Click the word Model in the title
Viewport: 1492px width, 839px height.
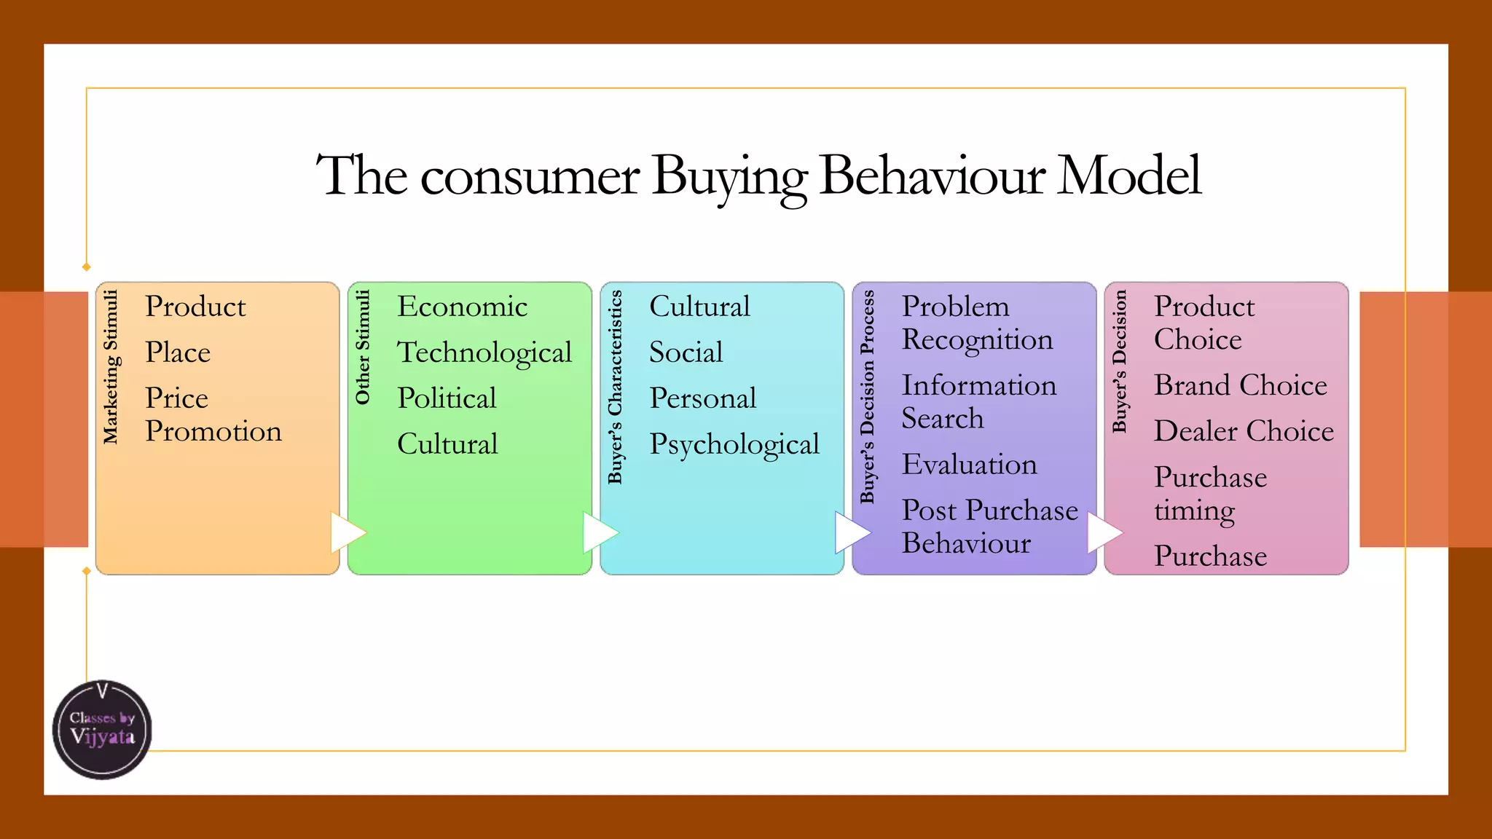point(1128,176)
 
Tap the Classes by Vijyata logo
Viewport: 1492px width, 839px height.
point(103,730)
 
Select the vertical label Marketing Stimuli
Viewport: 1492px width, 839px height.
point(111,366)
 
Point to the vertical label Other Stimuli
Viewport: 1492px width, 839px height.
point(363,347)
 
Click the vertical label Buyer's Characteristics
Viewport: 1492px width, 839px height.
point(616,387)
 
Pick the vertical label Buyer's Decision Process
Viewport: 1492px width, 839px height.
point(867,397)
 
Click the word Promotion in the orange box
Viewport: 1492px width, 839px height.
point(213,431)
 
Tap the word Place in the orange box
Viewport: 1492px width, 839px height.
point(178,352)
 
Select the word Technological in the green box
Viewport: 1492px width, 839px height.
point(484,353)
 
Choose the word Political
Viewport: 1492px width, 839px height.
point(447,398)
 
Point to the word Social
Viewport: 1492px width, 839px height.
point(686,352)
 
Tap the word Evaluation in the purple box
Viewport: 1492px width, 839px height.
point(969,465)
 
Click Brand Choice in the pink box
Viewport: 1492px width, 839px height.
point(1241,385)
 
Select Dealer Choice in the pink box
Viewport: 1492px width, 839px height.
point(1244,431)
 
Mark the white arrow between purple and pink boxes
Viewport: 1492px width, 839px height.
point(1103,532)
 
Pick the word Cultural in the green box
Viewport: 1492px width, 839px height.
point(447,444)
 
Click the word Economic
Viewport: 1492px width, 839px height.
point(462,307)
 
